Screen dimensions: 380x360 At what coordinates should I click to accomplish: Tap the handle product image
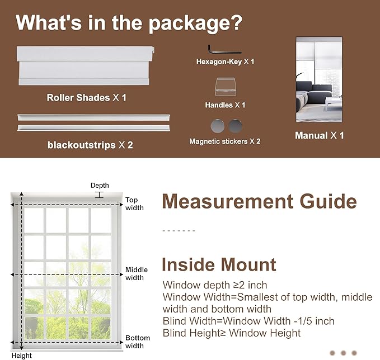(225, 87)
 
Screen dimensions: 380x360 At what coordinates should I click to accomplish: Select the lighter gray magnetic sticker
(217, 126)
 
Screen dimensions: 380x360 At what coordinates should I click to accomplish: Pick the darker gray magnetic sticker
(235, 126)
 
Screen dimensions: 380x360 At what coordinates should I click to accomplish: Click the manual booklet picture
(319, 79)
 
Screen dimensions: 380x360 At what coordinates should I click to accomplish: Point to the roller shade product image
(85, 65)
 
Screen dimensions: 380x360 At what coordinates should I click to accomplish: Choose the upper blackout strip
(93, 117)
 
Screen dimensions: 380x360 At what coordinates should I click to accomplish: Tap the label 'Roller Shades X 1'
(87, 98)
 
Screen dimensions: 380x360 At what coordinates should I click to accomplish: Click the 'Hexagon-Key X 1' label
(225, 61)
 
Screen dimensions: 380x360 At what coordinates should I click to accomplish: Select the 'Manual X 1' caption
(319, 135)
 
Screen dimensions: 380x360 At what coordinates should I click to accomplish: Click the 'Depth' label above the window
(100, 186)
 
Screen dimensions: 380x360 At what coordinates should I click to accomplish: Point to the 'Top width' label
(134, 204)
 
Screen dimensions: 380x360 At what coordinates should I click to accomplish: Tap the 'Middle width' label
(137, 273)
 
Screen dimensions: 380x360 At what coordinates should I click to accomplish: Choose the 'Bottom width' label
(138, 342)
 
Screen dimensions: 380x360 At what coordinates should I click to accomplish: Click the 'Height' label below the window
(22, 356)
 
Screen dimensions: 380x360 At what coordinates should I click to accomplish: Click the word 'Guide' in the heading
(328, 201)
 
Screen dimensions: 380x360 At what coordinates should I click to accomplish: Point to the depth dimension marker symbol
(99, 195)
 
